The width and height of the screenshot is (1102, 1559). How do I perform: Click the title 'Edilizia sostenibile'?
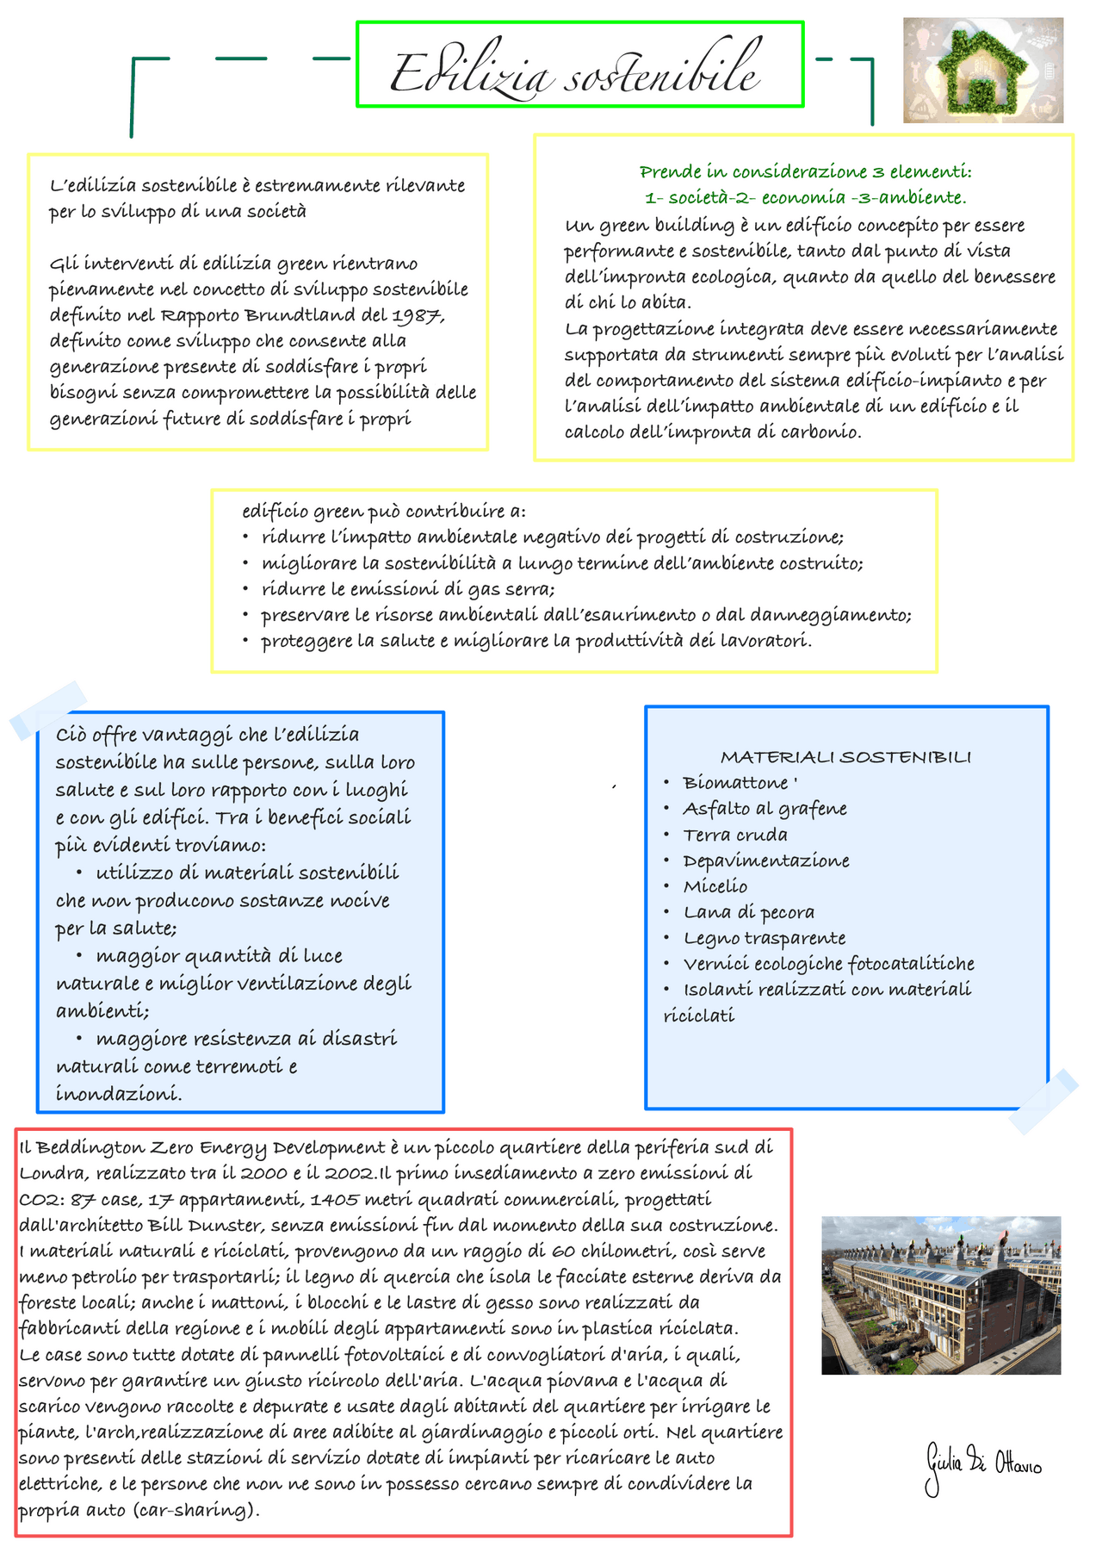click(x=575, y=72)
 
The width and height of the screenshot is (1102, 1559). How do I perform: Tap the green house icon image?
click(x=983, y=71)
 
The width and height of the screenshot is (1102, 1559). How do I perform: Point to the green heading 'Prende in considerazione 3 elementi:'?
click(x=805, y=171)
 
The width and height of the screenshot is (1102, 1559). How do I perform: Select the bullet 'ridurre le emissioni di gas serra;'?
click(x=408, y=589)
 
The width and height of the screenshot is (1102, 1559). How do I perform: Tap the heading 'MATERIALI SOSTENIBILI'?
click(x=845, y=757)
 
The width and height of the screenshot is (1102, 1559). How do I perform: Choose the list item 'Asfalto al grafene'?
click(x=765, y=809)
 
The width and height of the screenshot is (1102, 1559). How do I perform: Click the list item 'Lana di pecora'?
click(x=748, y=912)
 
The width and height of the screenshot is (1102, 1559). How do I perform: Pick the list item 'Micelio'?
click(x=715, y=886)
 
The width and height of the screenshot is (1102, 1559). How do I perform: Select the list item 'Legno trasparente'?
click(x=764, y=938)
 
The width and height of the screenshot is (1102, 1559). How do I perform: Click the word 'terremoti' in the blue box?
click(x=237, y=1066)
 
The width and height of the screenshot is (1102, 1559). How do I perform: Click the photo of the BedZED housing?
click(x=940, y=1295)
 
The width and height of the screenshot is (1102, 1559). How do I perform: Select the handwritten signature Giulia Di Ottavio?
click(x=981, y=1464)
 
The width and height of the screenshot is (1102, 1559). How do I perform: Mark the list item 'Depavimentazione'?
click(x=765, y=860)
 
